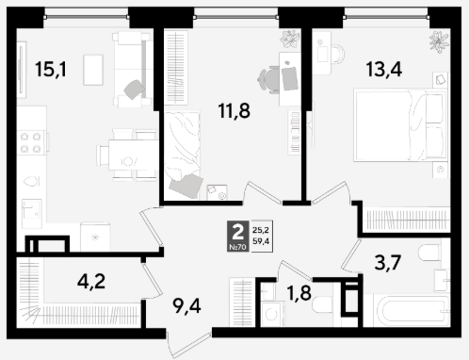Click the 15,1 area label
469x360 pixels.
tap(51, 70)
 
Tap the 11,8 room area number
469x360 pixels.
tap(234, 110)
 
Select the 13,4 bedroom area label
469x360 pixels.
tap(384, 70)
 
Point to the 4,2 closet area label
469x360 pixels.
tap(91, 281)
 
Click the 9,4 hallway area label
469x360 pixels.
tap(186, 306)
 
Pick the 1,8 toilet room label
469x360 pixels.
tap(299, 293)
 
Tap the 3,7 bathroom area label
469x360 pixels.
tap(388, 262)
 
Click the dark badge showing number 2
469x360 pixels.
tap(238, 236)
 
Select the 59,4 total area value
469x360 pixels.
tap(261, 241)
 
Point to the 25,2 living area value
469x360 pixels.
tap(261, 230)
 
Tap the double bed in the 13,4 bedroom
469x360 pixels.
tap(400, 125)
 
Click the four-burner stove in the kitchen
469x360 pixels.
tap(31, 142)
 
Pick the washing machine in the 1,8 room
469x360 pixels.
tap(273, 314)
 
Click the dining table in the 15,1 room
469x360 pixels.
tap(133, 155)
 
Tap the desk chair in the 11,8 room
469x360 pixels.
tap(268, 79)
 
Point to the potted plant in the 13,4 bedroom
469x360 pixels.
tap(439, 41)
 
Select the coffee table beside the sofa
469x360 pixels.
tap(93, 70)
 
